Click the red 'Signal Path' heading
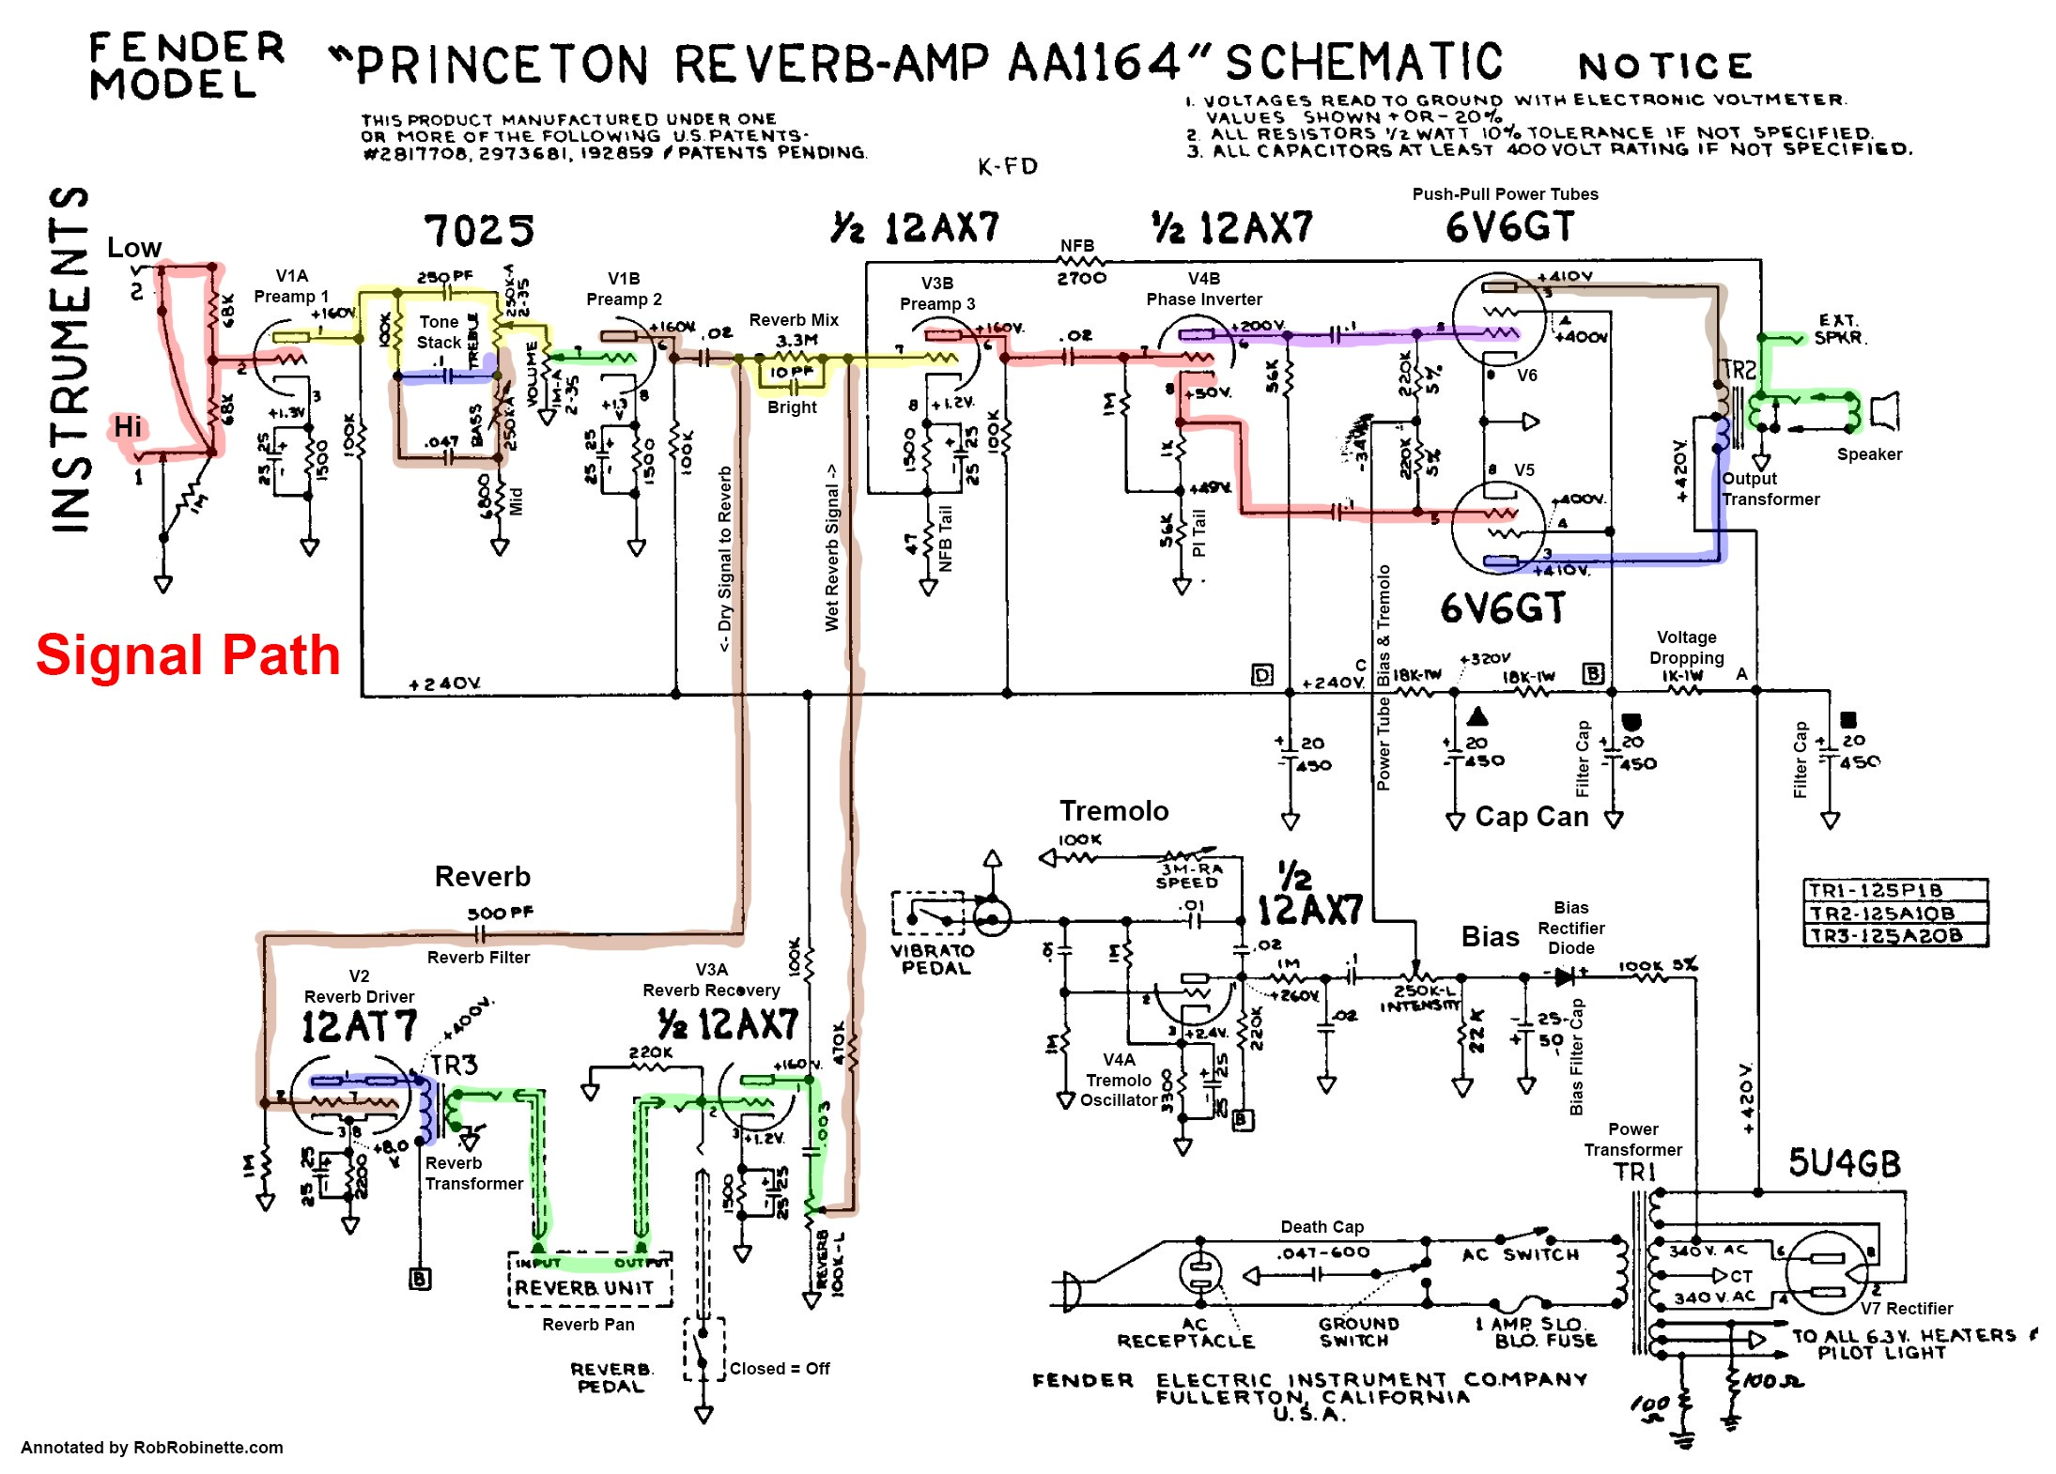point(188,654)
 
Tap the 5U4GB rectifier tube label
point(1844,1163)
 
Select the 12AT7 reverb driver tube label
point(359,1026)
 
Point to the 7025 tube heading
point(479,230)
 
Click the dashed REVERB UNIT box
point(590,1280)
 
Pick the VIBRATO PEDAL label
point(933,959)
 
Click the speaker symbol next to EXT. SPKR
point(1883,411)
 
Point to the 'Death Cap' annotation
point(1322,1226)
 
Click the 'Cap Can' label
point(1531,817)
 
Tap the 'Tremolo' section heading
point(1114,810)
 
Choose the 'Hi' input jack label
point(128,427)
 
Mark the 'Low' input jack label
point(133,248)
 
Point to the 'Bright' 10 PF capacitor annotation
point(792,407)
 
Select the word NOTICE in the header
point(1664,66)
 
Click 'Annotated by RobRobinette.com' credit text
point(151,1447)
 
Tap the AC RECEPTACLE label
point(1185,1331)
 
